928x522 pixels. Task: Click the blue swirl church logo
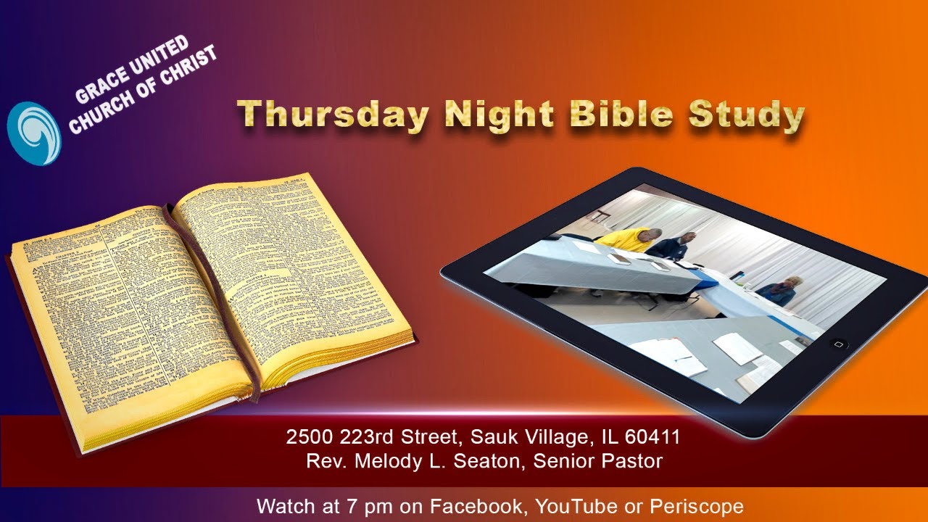pyautogui.click(x=33, y=132)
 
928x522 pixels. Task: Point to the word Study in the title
pyautogui.click(x=746, y=116)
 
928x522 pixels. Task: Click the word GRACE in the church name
pyautogui.click(x=99, y=86)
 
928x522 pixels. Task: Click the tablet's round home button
pyautogui.click(x=838, y=344)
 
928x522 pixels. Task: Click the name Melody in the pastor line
pyautogui.click(x=388, y=461)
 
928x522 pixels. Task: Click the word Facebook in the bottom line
pyautogui.click(x=471, y=505)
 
